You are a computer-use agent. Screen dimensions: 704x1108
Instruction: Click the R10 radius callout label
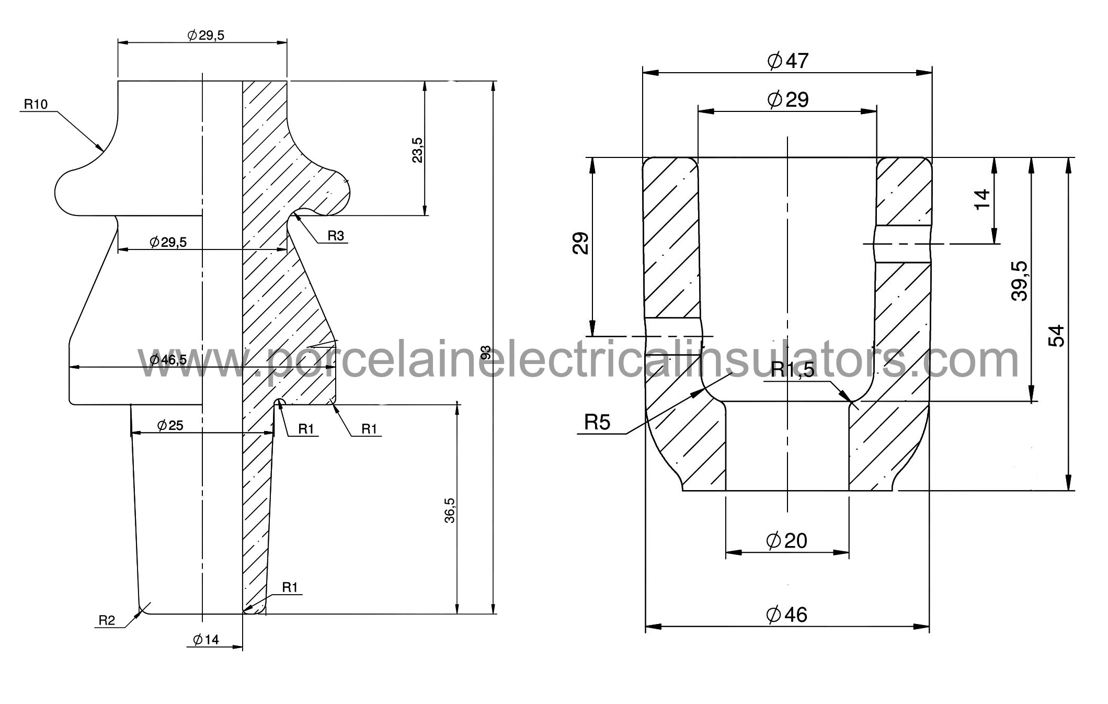[x=36, y=105]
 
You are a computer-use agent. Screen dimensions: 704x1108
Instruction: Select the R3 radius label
[x=336, y=236]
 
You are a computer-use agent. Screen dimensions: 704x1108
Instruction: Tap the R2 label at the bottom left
[x=107, y=621]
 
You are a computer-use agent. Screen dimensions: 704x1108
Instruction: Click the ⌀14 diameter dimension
[x=206, y=639]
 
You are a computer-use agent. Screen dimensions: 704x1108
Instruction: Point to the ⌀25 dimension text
[x=170, y=425]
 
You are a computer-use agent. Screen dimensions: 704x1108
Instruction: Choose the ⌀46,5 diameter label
[x=168, y=359]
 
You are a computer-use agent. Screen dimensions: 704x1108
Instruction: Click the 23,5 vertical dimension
[x=417, y=150]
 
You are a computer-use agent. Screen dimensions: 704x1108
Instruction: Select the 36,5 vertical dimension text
[x=450, y=510]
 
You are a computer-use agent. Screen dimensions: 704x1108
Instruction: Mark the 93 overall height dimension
[x=486, y=353]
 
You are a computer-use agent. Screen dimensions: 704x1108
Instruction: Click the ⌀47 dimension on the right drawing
[x=787, y=61]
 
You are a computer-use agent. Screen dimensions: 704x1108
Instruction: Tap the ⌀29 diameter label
[x=787, y=99]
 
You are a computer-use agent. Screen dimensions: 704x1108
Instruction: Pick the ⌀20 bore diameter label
[x=786, y=540]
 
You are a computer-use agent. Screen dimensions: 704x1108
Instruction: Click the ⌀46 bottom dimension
[x=786, y=615]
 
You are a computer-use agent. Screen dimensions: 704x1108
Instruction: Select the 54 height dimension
[x=1056, y=336]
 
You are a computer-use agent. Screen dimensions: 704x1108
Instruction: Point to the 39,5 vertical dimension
[x=1019, y=281]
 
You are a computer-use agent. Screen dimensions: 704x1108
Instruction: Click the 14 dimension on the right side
[x=983, y=199]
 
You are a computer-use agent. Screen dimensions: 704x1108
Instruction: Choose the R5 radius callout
[x=597, y=422]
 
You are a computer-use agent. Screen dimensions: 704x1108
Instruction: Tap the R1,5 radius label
[x=793, y=370]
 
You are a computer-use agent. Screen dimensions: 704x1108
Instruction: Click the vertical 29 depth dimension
[x=580, y=243]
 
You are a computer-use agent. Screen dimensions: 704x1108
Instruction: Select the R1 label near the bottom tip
[x=290, y=587]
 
